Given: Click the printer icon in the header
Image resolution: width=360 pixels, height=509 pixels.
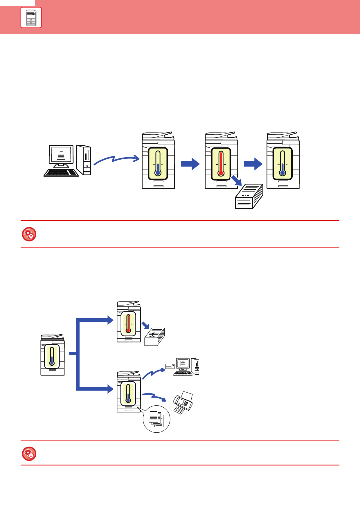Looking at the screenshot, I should [x=31, y=17].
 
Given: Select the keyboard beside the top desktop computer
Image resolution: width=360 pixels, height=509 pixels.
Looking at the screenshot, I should [x=61, y=173].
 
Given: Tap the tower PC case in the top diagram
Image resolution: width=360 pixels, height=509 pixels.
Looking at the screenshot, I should [x=84, y=160].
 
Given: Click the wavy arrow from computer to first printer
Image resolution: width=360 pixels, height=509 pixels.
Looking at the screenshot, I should [x=116, y=159].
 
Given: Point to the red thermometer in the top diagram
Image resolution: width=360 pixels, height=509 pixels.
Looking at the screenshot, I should [x=221, y=164].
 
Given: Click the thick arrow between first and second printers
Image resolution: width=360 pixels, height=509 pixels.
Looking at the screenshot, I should [x=190, y=164].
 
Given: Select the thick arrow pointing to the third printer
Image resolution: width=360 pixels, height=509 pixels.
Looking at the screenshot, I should [x=253, y=164].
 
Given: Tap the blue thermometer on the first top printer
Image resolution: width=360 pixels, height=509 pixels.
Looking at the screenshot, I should [x=158, y=164].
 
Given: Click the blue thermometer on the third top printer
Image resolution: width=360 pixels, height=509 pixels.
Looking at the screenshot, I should [x=282, y=164].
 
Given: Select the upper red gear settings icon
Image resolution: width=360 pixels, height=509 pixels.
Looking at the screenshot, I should [x=29, y=234].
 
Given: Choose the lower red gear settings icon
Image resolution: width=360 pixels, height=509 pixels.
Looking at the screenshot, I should [x=29, y=454].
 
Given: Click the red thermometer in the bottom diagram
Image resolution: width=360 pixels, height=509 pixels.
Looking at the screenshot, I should [x=128, y=324].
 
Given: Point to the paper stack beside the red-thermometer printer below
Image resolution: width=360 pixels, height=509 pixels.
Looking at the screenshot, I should [x=154, y=337].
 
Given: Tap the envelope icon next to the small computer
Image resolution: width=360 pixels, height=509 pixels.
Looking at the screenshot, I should [x=170, y=366].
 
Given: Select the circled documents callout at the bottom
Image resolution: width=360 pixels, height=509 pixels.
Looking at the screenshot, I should [x=156, y=419].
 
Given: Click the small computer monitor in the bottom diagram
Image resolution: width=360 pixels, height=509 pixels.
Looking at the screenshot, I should [x=183, y=364].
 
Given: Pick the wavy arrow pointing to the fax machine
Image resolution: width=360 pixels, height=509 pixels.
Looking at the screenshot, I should [x=154, y=396].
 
